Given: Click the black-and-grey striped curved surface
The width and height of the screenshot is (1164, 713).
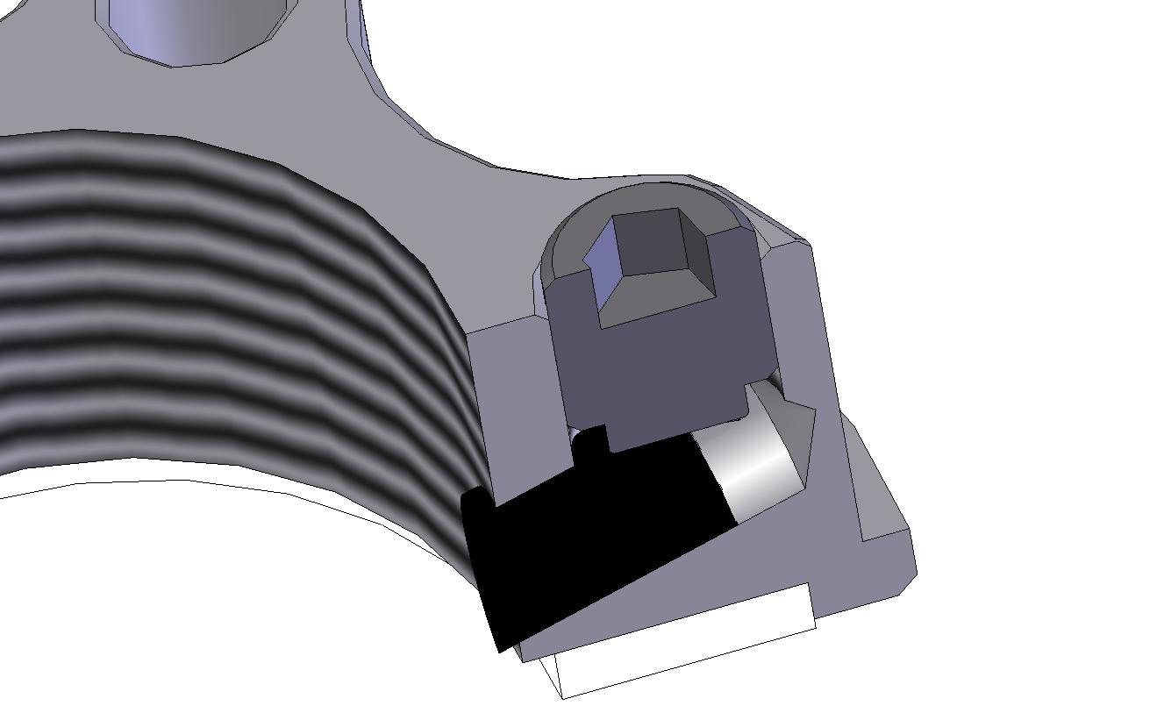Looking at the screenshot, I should [x=219, y=298].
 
